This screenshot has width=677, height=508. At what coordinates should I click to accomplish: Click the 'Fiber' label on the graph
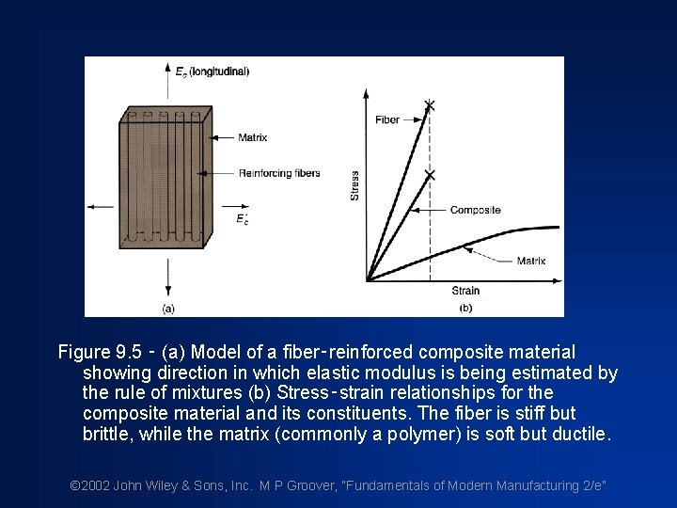click(386, 119)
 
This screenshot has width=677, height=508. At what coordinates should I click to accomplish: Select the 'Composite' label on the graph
click(475, 210)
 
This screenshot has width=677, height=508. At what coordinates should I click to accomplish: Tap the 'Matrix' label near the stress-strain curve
click(531, 261)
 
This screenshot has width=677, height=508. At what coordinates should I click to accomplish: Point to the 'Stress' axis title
click(354, 184)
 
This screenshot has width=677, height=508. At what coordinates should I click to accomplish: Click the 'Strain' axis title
click(465, 291)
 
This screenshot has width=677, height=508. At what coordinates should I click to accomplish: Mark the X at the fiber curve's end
click(430, 104)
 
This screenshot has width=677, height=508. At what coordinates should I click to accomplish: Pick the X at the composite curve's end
click(430, 175)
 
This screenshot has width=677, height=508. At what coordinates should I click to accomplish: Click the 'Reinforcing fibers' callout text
click(279, 173)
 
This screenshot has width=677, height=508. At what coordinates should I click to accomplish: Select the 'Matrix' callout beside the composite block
click(252, 137)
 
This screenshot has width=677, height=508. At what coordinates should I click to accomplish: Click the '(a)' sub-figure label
click(167, 308)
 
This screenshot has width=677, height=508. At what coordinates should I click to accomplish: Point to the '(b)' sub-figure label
click(465, 308)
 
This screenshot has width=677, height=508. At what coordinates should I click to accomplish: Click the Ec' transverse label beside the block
click(243, 218)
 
